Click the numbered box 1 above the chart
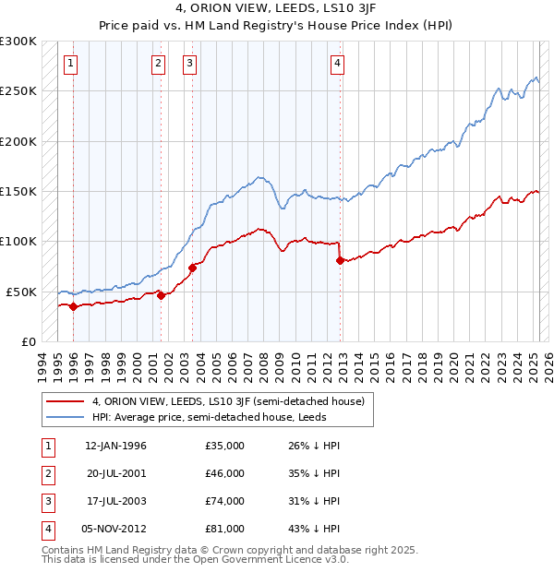point(71,64)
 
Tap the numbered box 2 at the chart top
point(158,64)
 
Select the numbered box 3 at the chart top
point(189,64)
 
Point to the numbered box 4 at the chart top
point(338,64)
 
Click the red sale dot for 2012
point(340,260)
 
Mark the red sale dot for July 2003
point(193,268)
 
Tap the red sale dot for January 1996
point(73,306)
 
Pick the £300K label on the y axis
point(18,42)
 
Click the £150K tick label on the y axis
point(18,191)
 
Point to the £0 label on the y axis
point(28,341)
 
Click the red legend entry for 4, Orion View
point(229,401)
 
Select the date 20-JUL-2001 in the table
point(115,473)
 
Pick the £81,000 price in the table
point(224,529)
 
